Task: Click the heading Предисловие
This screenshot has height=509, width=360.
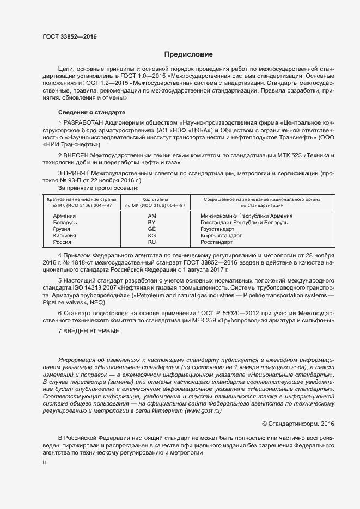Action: pos(188,54)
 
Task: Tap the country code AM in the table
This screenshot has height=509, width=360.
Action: pos(152,216)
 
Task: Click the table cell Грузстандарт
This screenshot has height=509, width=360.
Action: pos(221,229)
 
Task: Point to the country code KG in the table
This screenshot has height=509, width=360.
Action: pos(152,236)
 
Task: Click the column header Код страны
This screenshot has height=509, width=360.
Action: pos(155,200)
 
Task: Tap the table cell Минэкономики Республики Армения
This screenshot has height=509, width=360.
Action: pos(246,216)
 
